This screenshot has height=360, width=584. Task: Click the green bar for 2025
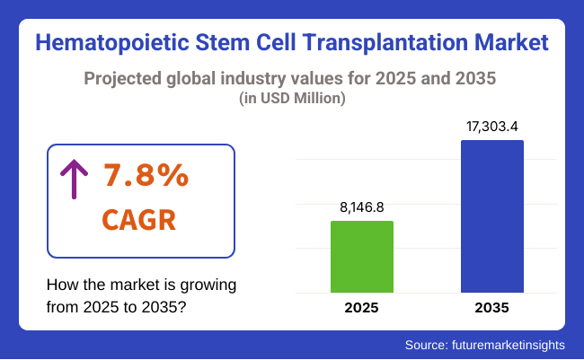tap(362, 257)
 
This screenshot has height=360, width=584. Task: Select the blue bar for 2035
tap(491, 216)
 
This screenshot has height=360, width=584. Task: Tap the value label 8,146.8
tap(362, 206)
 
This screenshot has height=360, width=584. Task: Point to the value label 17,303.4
tap(491, 126)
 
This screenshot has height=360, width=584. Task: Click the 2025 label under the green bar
tap(362, 308)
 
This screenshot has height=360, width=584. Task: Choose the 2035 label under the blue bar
tap(491, 308)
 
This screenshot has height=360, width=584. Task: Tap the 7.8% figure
tap(146, 176)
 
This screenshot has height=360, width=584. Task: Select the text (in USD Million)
tap(292, 100)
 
